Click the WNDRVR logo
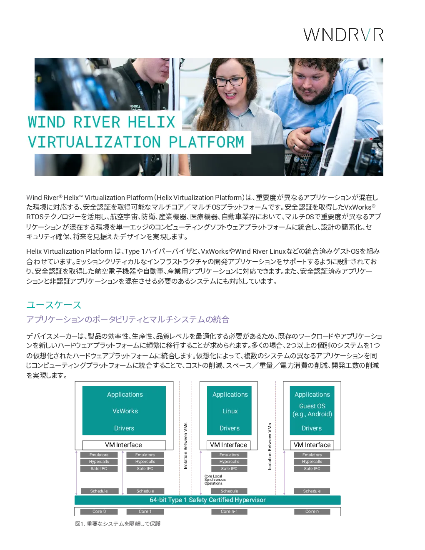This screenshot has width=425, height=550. coord(343,35)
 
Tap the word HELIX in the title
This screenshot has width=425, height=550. coord(151,122)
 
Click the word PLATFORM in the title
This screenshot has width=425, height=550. coord(206,142)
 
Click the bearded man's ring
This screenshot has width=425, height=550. coord(295,147)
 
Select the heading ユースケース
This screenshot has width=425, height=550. coord(54,305)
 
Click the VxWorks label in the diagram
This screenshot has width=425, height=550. coord(125,411)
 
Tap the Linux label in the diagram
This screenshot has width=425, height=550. coord(230,411)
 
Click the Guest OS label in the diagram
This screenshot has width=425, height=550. coord(312,406)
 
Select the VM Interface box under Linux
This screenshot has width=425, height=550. coord(229,445)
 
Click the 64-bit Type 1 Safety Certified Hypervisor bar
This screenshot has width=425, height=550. coord(207,500)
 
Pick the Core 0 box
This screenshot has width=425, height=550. coord(99,511)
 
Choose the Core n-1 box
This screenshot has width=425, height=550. coord(229,511)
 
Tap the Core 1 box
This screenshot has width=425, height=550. coord(145,511)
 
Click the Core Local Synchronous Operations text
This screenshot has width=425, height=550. coord(215,480)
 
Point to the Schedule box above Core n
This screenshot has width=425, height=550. coord(312,491)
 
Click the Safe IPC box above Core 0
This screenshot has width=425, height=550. coord(99,468)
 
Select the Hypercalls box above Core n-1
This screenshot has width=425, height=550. coord(229,462)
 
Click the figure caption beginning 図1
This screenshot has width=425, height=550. coord(117,524)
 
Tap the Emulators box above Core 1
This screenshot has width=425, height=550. coord(145,455)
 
